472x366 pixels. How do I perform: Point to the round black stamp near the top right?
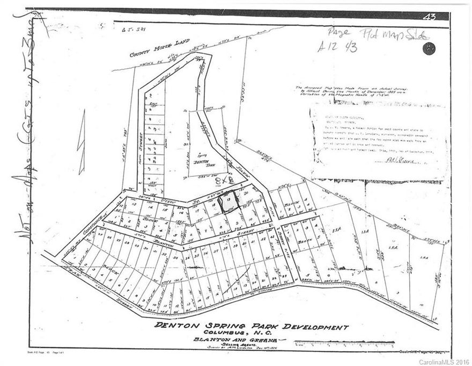(429, 49)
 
